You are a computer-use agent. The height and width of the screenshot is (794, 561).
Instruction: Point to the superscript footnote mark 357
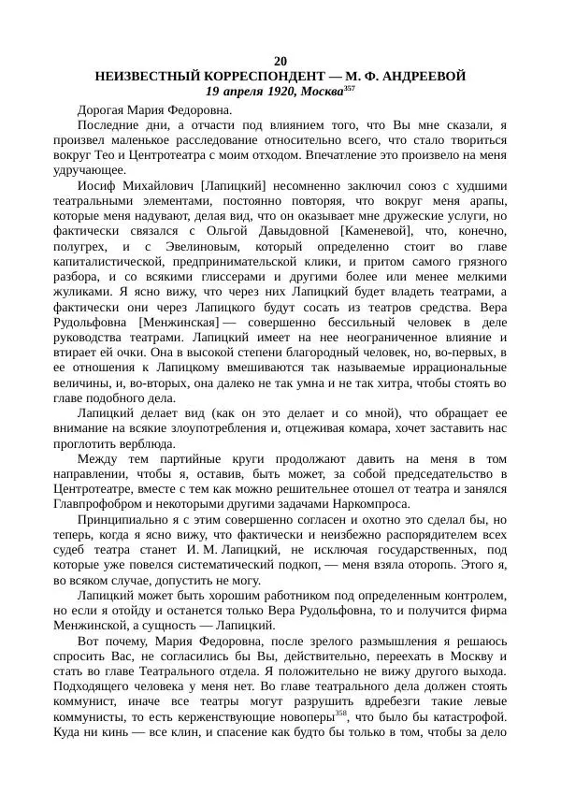[349, 88]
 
